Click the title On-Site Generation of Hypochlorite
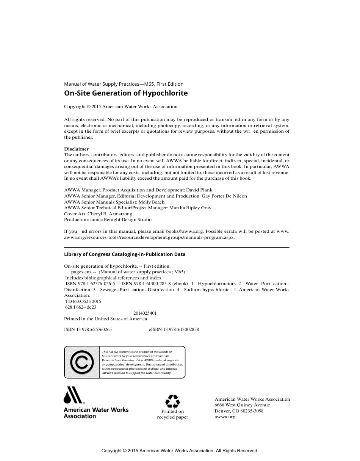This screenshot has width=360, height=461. pyautogui.click(x=125, y=93)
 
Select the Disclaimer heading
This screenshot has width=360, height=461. pyautogui.click(x=76, y=149)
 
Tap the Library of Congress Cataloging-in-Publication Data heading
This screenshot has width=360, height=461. pyautogui.click(x=125, y=254)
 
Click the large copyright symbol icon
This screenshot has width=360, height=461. pyautogui.click(x=81, y=362)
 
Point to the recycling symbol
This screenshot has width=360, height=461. pyautogui.click(x=172, y=401)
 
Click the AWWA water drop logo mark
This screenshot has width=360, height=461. pyautogui.click(x=73, y=395)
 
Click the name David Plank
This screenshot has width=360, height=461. pyautogui.click(x=199, y=190)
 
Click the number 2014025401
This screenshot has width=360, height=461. pyautogui.click(x=145, y=313)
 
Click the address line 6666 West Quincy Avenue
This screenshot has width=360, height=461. pyautogui.click(x=242, y=405)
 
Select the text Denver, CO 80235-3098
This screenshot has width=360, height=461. pyautogui.click(x=239, y=411)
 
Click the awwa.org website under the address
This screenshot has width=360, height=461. pyautogui.click(x=225, y=417)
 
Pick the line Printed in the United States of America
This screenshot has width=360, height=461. pyautogui.click(x=105, y=319)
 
